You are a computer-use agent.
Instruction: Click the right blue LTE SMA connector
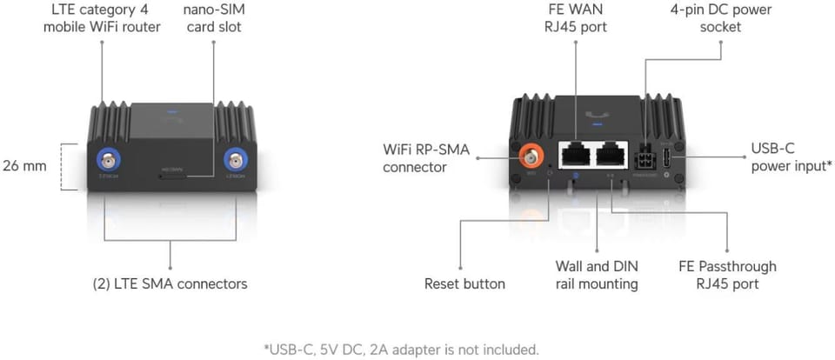click(x=236, y=162)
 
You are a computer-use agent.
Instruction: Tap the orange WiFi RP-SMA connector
click(x=529, y=157)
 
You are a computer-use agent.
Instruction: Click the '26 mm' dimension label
click(x=24, y=165)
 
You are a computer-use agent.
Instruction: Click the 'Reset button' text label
click(x=464, y=283)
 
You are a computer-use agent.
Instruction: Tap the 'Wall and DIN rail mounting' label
click(x=597, y=275)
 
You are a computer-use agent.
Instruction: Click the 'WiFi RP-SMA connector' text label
click(x=426, y=158)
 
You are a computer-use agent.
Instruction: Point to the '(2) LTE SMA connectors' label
click(x=170, y=283)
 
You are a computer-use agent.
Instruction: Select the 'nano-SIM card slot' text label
click(x=212, y=18)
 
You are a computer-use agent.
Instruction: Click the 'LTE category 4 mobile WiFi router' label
click(x=102, y=18)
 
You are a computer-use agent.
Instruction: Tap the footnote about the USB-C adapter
click(x=401, y=350)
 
